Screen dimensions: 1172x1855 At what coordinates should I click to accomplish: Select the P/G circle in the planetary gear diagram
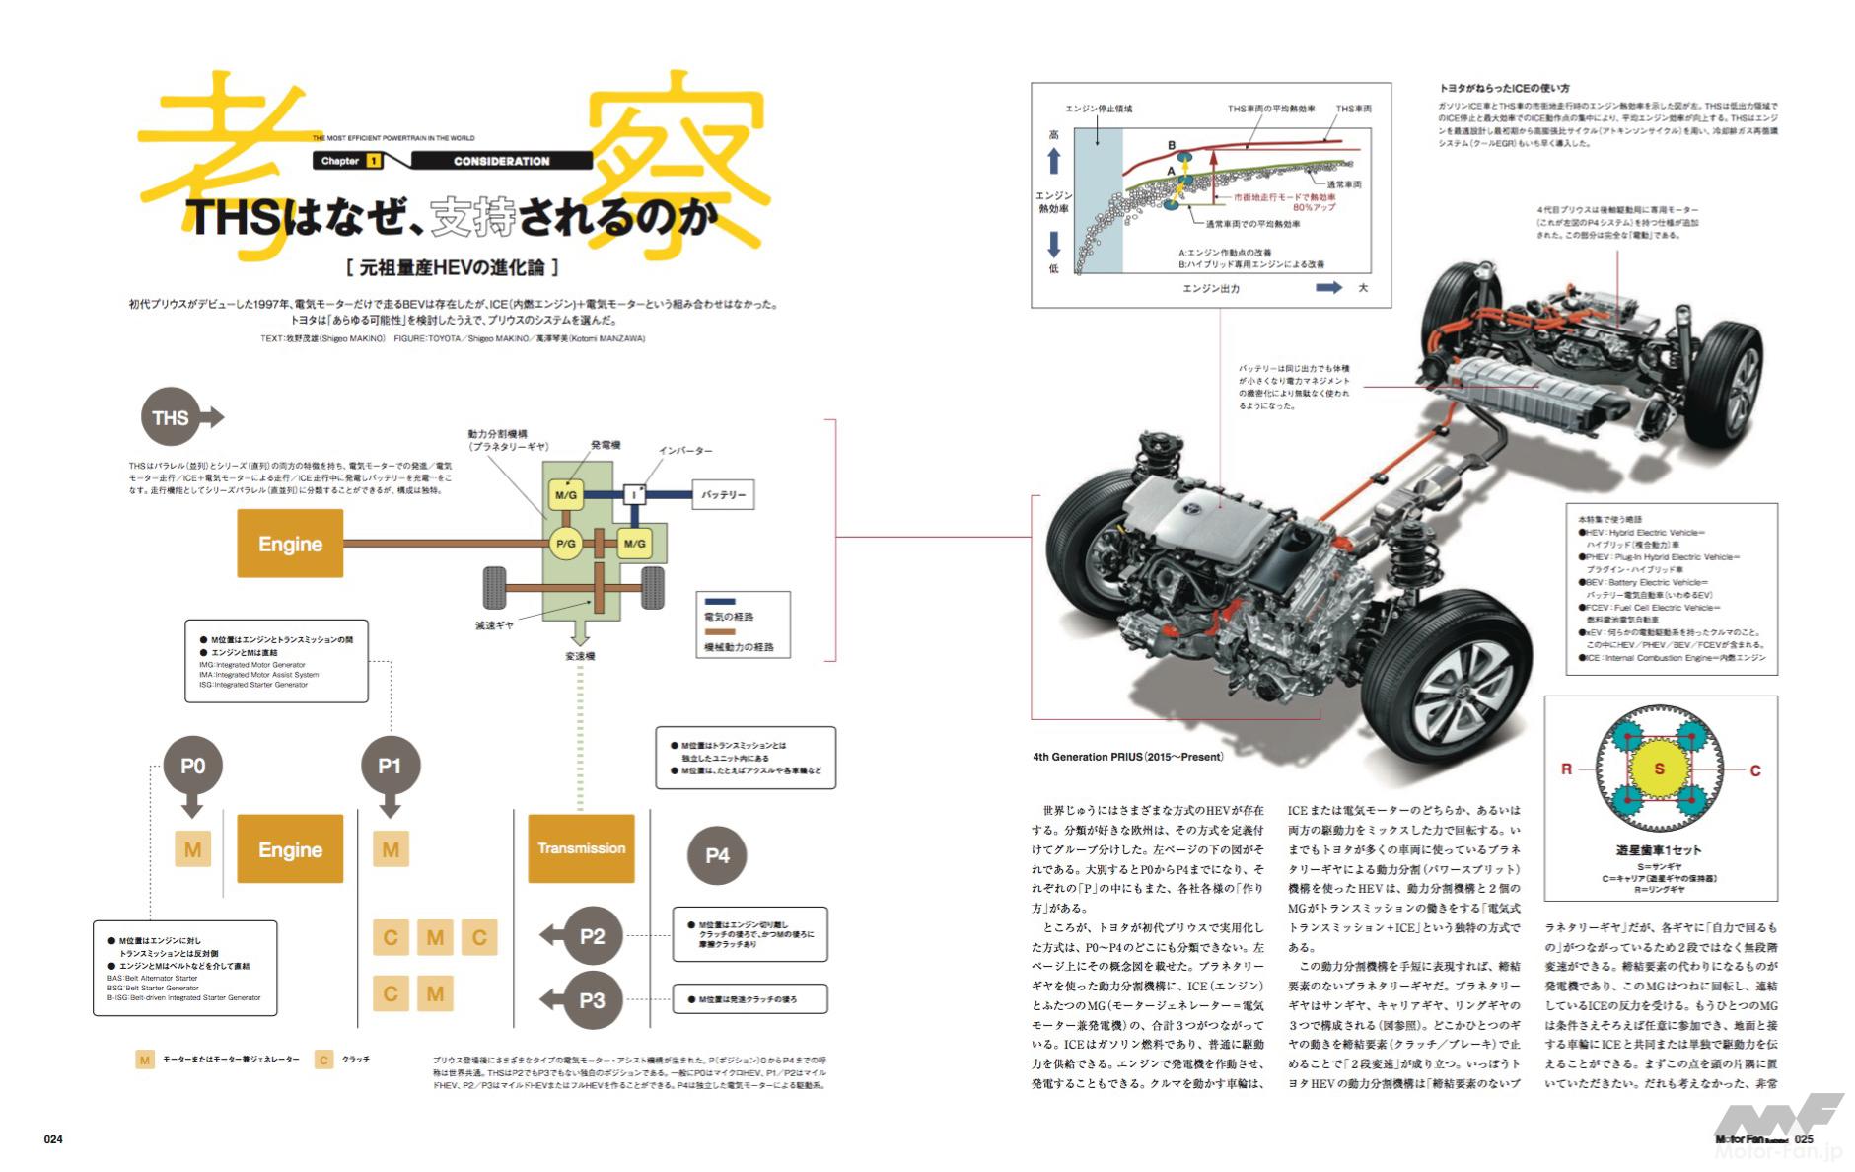point(565,543)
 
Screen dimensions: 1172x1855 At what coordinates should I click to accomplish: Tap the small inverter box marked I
point(634,494)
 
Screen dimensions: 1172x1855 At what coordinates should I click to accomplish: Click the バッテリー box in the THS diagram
point(724,494)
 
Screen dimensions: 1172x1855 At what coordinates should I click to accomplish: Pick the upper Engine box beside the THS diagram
point(290,544)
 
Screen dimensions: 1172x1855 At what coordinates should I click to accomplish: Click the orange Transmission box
point(581,848)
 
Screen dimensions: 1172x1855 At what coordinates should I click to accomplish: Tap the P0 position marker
point(193,768)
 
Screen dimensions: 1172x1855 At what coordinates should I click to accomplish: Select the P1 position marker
point(390,768)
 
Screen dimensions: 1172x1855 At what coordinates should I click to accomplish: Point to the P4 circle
point(717,855)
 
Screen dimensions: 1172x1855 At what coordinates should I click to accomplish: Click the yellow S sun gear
point(1659,769)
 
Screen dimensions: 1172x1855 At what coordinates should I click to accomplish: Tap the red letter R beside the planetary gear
point(1566,769)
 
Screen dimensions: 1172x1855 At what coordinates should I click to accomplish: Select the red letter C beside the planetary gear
point(1755,770)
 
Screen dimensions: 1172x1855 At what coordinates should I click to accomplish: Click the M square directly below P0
point(192,849)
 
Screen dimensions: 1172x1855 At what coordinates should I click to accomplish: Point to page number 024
point(53,1139)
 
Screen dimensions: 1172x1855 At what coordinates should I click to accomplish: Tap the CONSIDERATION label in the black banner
point(501,161)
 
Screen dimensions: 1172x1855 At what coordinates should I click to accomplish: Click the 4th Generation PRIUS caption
point(1127,757)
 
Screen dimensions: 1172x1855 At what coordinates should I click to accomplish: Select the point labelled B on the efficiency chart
point(1173,146)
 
